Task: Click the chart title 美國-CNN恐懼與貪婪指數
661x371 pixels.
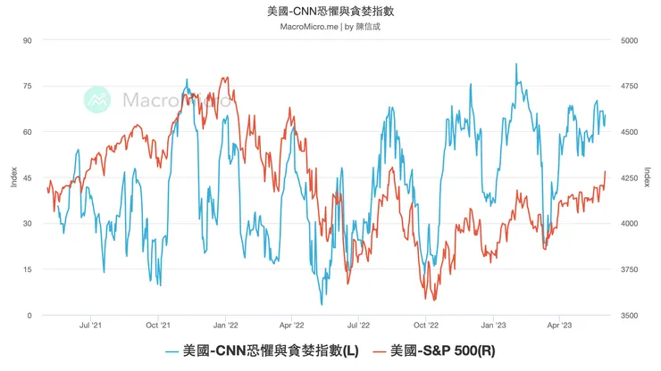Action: click(x=330, y=12)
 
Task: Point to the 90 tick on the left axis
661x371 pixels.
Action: click(x=28, y=40)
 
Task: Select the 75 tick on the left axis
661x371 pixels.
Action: click(x=28, y=86)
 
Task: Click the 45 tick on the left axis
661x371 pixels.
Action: click(x=28, y=177)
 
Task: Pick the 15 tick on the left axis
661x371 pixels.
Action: click(x=28, y=269)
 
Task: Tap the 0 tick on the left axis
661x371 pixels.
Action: click(x=30, y=316)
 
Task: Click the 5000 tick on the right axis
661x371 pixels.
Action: click(x=630, y=40)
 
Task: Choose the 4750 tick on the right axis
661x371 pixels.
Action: click(x=630, y=86)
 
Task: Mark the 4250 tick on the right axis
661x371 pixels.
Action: click(x=630, y=177)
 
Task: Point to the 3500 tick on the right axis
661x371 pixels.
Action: click(x=630, y=316)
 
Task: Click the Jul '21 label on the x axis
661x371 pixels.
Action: click(x=91, y=326)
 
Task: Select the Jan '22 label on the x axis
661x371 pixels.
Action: click(x=225, y=326)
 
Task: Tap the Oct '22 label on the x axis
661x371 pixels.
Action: click(x=426, y=326)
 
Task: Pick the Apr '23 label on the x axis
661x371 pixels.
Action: click(x=559, y=326)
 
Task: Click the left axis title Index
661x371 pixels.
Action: click(x=13, y=177)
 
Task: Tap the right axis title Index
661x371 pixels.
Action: click(x=648, y=177)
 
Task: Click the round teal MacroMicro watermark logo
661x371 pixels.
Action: click(x=97, y=100)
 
